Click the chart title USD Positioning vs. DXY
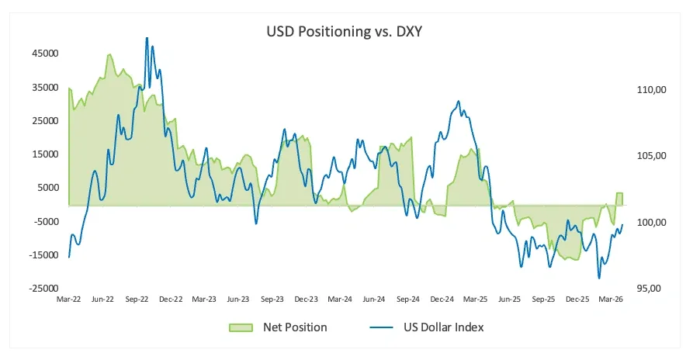(x=344, y=31)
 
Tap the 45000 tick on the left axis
(x=45, y=54)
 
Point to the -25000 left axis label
(x=43, y=289)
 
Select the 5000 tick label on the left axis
(x=48, y=188)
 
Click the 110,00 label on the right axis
(x=651, y=90)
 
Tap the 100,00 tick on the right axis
(x=651, y=222)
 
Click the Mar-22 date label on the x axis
(x=68, y=299)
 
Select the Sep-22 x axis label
(x=137, y=299)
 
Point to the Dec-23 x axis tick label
(x=307, y=299)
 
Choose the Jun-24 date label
(x=374, y=299)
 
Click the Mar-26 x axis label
(x=611, y=299)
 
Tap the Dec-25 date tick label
(x=577, y=299)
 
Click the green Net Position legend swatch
(x=241, y=327)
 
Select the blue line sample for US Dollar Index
(x=381, y=327)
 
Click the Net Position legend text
(x=295, y=327)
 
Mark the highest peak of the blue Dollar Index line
(x=147, y=38)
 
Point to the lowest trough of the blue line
(x=599, y=278)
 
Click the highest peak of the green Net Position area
(x=109, y=54)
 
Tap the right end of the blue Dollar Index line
(x=622, y=224)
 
